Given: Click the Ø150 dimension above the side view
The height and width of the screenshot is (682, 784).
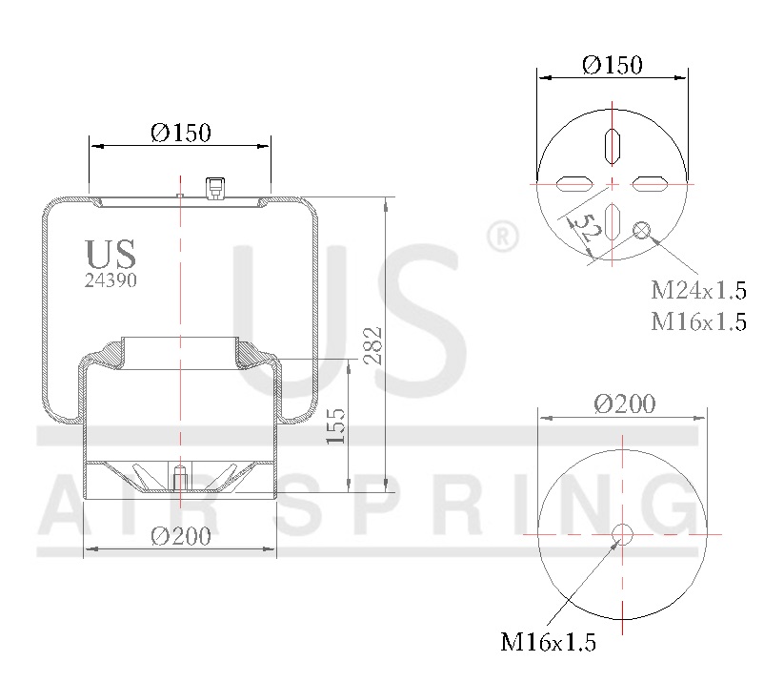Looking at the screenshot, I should (180, 133).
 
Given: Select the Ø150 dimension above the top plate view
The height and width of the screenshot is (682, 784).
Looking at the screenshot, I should (612, 65).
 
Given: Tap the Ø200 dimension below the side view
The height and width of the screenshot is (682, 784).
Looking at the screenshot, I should (180, 536).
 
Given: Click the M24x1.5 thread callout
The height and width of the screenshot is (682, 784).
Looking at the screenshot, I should (698, 289).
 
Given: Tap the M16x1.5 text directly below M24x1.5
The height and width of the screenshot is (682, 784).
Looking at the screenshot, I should (698, 320).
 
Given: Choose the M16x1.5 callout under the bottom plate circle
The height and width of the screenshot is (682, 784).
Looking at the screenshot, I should (548, 643).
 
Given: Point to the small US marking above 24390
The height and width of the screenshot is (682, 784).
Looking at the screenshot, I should (111, 255).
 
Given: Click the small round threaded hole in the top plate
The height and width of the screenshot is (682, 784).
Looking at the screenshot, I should (642, 229).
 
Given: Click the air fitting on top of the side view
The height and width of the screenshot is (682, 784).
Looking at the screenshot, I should (215, 187).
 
